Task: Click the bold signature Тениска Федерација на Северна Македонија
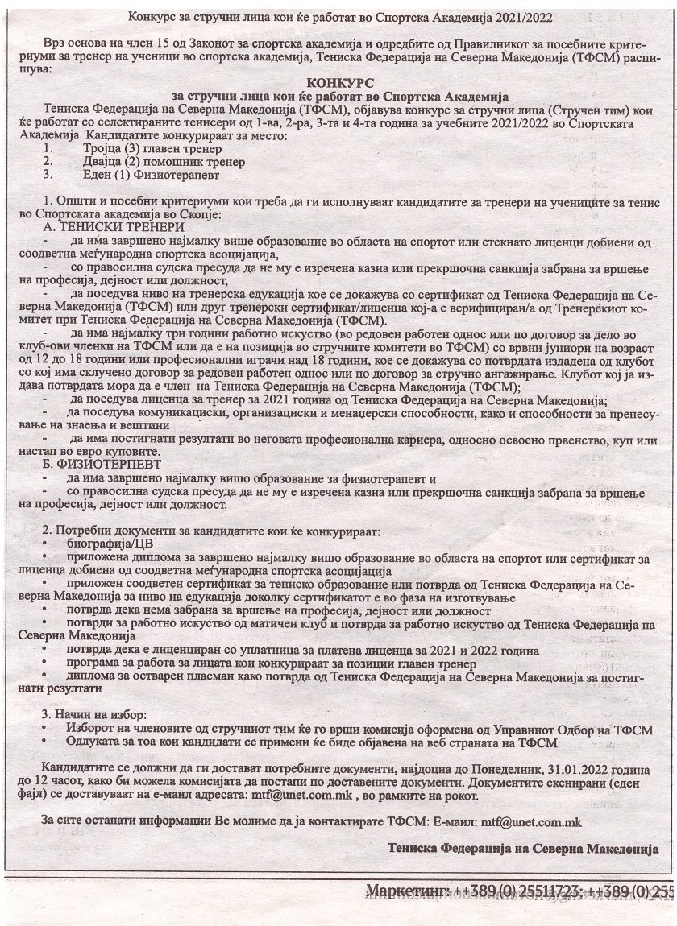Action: (522, 848)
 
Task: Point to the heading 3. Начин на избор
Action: (94, 715)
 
